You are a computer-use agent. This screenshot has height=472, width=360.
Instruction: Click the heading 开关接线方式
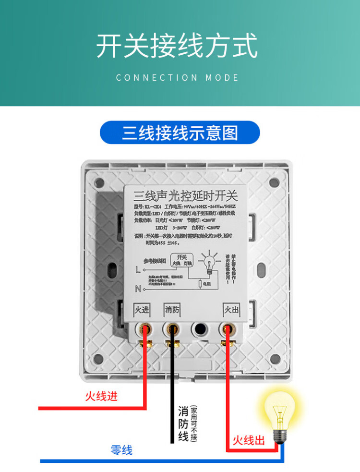pyautogui.click(x=178, y=47)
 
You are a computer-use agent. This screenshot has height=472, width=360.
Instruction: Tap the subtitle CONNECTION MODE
pyautogui.click(x=178, y=77)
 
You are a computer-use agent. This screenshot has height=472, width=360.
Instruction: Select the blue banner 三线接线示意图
pyautogui.click(x=180, y=133)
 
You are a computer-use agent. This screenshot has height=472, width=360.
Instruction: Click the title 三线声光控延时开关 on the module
pyautogui.click(x=185, y=196)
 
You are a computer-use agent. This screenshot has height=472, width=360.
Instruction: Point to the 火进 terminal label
pyautogui.click(x=142, y=310)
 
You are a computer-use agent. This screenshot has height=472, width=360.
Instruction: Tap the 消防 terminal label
pyautogui.click(x=171, y=310)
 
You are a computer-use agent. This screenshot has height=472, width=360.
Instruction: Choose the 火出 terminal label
pyautogui.click(x=231, y=310)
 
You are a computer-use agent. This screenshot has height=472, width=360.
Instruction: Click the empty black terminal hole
pyautogui.click(x=199, y=330)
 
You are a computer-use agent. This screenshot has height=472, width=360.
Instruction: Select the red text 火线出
pyautogui.click(x=249, y=440)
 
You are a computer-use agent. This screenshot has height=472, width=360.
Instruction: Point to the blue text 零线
pyautogui.click(x=121, y=450)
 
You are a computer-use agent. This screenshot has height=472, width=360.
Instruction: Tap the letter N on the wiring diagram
pyautogui.click(x=138, y=289)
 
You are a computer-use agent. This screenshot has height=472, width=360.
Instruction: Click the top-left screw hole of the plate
pyautogui.click(x=99, y=182)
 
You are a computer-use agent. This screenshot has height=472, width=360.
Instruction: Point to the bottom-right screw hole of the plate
pyautogui.click(x=275, y=358)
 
